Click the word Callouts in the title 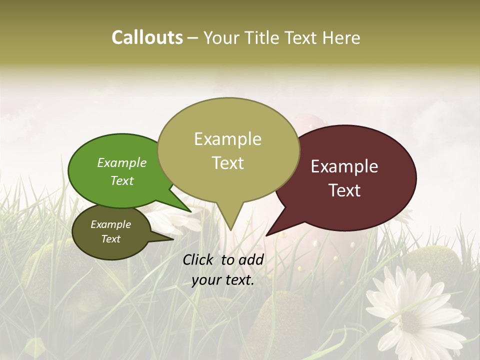(147, 37)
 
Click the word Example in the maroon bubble (344, 166)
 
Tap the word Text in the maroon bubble (344, 190)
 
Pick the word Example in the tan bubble (227, 139)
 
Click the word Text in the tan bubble (227, 163)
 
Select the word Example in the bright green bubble (122, 162)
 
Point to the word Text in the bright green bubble (122, 180)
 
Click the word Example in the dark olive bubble (110, 224)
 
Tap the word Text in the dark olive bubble (110, 239)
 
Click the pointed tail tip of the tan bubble (230, 230)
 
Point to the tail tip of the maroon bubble (266, 235)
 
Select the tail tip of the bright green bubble (190, 211)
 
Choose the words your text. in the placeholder (223, 280)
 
